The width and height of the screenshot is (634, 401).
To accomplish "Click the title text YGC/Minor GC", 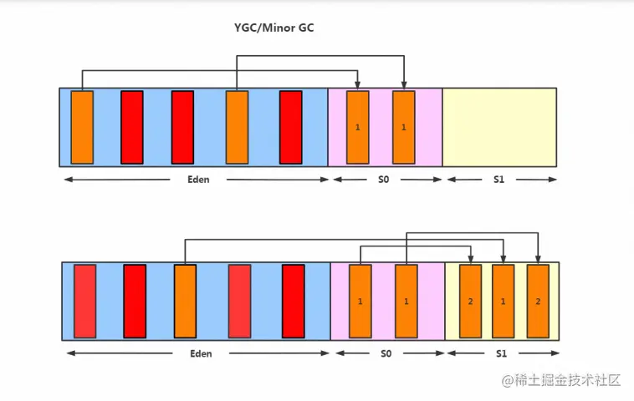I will point(274,28).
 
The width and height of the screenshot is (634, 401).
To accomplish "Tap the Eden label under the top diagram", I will point(198,180).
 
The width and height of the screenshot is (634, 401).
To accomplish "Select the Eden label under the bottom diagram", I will point(200,353).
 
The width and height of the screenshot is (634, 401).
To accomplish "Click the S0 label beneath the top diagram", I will point(383,180).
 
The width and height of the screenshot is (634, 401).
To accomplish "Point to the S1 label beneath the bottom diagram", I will point(501,353).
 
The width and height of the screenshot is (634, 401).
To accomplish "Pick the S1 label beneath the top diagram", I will point(499,180).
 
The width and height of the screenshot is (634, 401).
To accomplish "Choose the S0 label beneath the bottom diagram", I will point(386,353).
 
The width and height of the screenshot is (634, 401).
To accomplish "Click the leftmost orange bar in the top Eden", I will point(82,127).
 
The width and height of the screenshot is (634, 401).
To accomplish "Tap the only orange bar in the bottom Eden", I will point(185,301).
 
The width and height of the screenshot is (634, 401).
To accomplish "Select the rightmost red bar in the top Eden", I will point(290,127).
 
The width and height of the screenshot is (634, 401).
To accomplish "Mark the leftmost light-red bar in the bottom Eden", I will point(84,301).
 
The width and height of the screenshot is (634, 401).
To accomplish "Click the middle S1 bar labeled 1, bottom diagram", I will point(503,301).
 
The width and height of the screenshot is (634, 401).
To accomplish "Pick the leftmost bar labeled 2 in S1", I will point(471,301).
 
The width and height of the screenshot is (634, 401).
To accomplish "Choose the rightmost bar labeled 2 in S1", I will point(538,301).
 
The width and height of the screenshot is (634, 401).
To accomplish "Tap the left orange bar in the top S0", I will point(357,127).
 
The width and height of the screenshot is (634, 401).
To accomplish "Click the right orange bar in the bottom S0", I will point(406,301).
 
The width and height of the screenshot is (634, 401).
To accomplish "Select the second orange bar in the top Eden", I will point(237,127).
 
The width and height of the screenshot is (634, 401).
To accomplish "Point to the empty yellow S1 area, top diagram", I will point(499,127).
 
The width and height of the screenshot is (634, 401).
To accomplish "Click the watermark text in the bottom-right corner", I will point(561,381).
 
